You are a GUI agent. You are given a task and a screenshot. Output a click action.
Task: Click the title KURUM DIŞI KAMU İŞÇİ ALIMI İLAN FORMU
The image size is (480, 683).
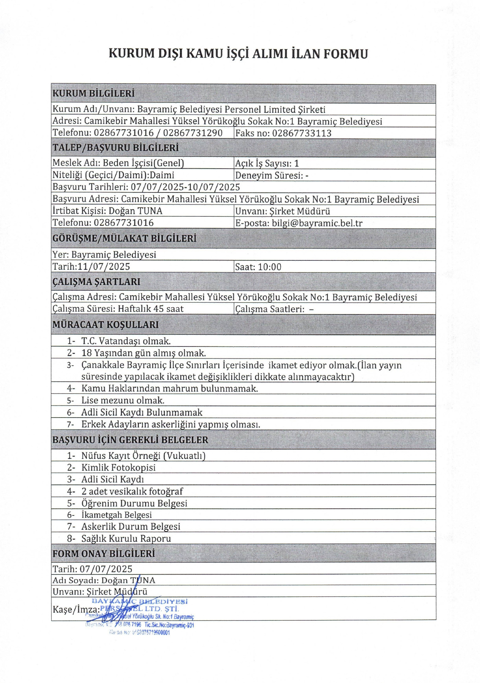coord(238,54)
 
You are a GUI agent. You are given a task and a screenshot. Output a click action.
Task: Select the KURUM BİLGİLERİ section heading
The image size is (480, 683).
coord(94,94)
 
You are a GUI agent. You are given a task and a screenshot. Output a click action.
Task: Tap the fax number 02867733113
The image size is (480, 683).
coord(302,133)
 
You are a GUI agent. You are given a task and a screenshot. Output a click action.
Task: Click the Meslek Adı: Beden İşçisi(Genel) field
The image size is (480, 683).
coord(118,163)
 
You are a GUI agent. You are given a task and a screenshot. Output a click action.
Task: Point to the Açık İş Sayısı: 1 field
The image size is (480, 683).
coord(267,163)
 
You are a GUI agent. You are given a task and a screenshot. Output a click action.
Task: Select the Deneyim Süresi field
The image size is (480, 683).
coord(272,175)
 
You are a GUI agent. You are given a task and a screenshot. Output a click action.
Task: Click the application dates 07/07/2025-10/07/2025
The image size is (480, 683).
coord(185,187)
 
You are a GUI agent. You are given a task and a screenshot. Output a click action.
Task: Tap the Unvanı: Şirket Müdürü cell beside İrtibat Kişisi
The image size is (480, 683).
coord(283,211)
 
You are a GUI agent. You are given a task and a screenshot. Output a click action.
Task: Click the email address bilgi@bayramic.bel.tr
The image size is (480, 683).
coord(317,223)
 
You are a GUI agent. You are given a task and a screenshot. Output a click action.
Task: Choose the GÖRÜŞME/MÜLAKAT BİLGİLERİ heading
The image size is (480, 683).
coord(124,238)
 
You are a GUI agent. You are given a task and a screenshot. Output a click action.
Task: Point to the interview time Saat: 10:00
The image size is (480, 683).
coord(258,267)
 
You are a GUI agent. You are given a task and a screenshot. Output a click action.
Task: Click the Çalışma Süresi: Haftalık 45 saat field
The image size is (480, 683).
coord(118,309)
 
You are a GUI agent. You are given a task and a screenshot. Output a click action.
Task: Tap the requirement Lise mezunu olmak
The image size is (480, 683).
coord(123,401)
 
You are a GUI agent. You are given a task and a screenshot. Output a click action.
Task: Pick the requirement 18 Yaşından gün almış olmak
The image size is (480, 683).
coord(144,353)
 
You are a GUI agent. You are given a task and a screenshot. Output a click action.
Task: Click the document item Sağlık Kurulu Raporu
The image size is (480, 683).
coord(126,539)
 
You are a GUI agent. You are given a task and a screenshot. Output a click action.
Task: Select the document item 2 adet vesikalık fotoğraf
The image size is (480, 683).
coord(132,491)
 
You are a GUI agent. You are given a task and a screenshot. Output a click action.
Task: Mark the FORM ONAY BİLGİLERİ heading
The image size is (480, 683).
coord(104,554)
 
